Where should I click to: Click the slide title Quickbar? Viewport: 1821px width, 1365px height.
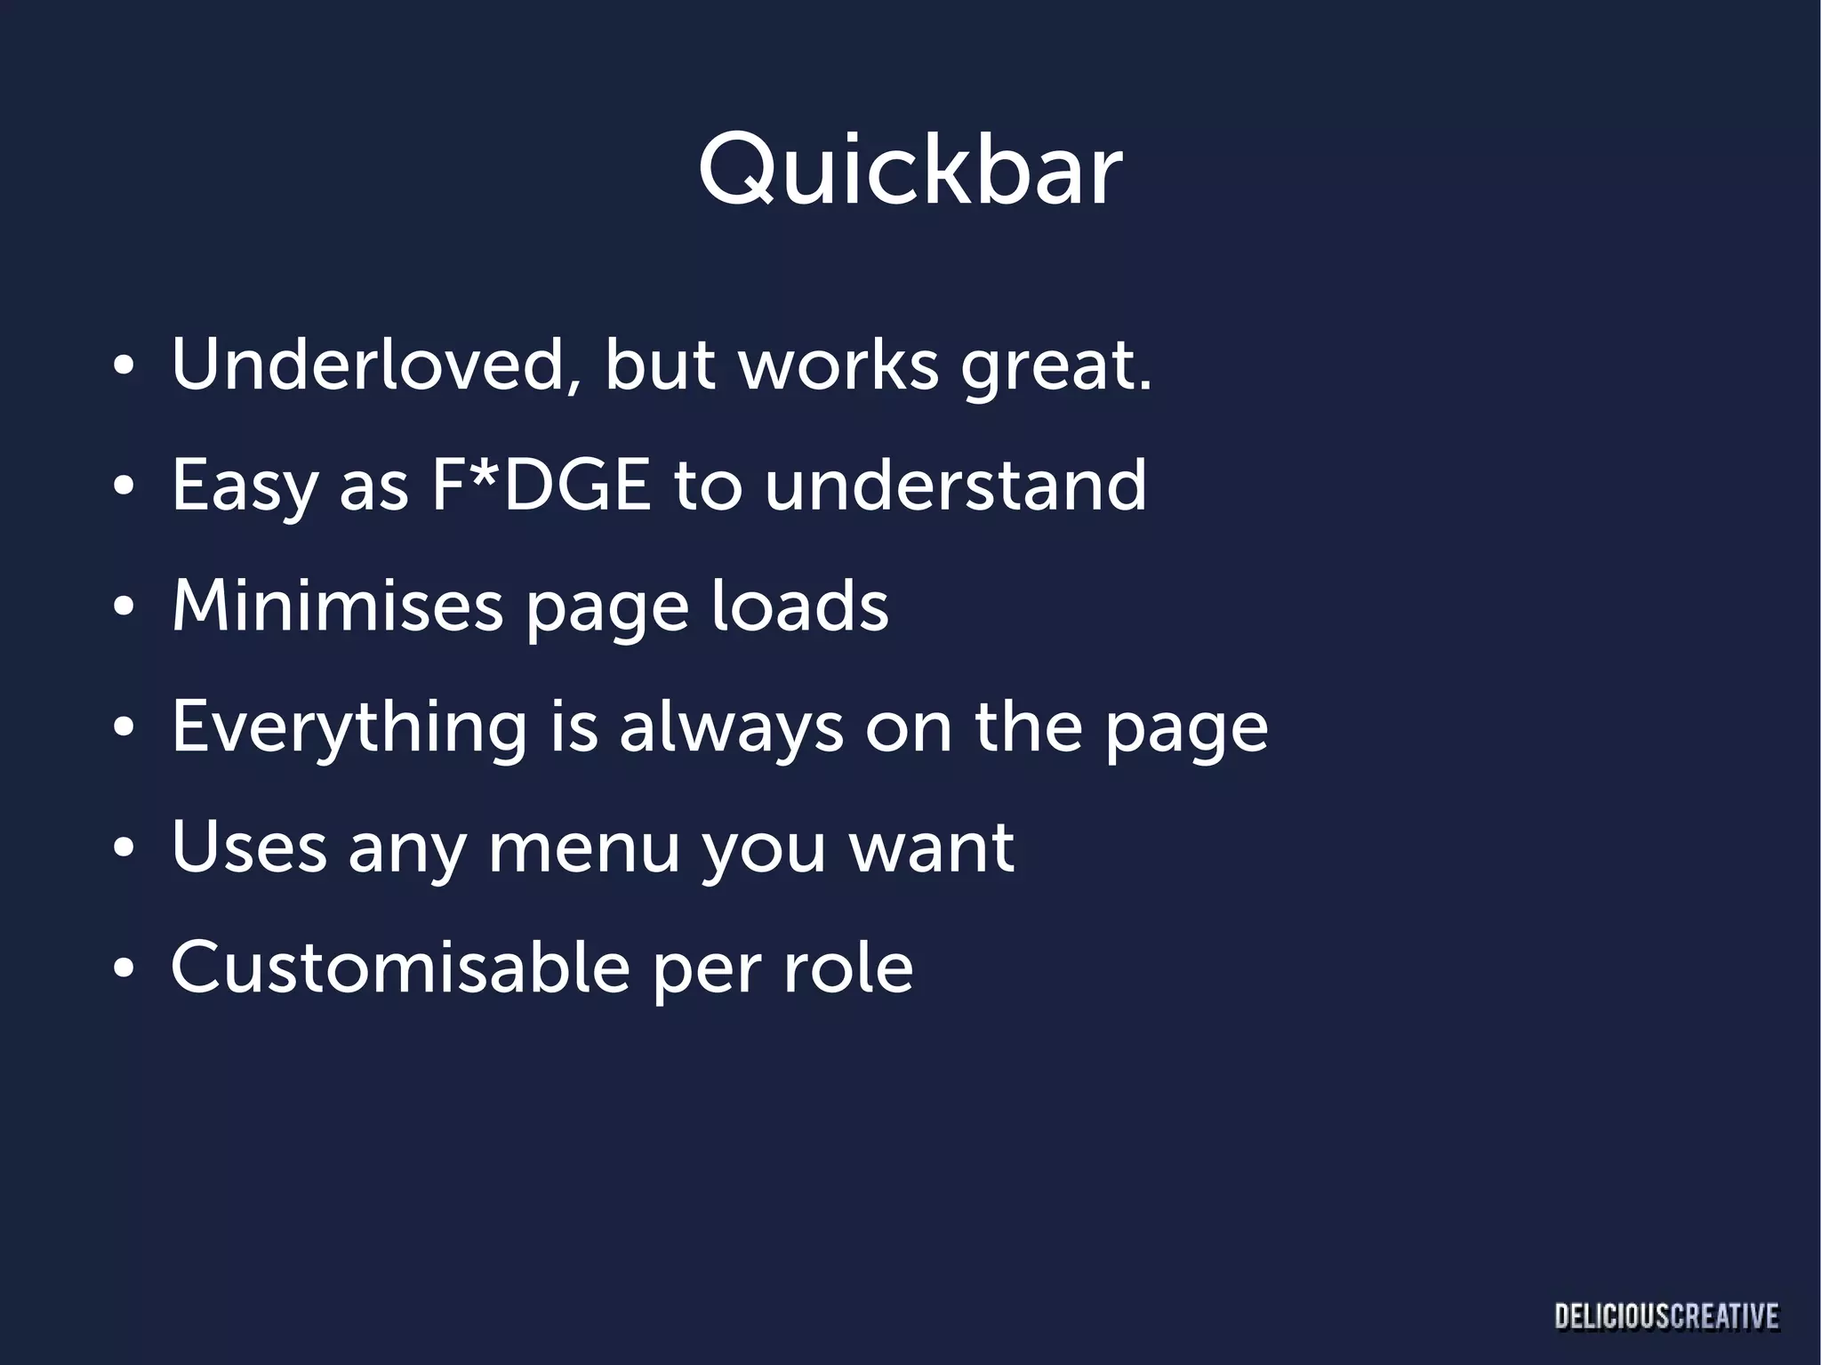[x=910, y=171]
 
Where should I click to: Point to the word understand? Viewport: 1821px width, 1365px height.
[x=955, y=486]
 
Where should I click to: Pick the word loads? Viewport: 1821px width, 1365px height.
[x=798, y=606]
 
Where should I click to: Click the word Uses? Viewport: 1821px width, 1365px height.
[x=249, y=847]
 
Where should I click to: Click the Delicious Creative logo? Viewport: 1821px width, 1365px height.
[x=1666, y=1317]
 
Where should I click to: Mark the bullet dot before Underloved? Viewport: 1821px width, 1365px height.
[x=124, y=367]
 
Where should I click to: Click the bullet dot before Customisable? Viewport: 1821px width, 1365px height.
[x=124, y=968]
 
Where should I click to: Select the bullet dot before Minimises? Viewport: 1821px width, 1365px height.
[x=124, y=608]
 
